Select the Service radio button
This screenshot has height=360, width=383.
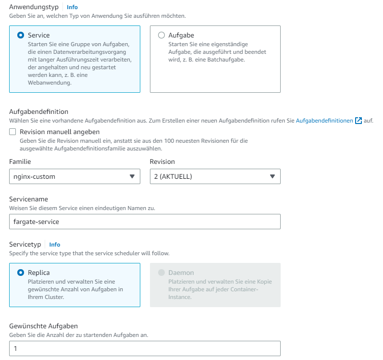[21, 35]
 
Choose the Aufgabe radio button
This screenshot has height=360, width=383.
[161, 35]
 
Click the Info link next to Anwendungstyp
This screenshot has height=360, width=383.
[72, 7]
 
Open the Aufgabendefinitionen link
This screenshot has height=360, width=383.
[324, 121]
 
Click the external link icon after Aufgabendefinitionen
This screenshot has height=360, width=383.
[358, 121]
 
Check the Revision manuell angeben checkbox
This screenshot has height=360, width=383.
[13, 132]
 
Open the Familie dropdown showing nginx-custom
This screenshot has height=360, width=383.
[74, 176]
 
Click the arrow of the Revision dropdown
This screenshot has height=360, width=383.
[272, 176]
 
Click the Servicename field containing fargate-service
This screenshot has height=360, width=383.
[145, 222]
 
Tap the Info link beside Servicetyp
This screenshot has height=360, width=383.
[55, 245]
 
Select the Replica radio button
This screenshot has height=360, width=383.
[21, 273]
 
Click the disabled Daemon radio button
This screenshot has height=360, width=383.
[161, 273]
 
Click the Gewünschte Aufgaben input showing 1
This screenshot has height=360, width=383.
[145, 348]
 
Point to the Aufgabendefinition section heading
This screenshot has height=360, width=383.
[39, 112]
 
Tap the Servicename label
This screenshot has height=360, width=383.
[29, 199]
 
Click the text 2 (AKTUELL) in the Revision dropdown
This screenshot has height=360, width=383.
[173, 176]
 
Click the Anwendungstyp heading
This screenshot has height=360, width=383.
[34, 7]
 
